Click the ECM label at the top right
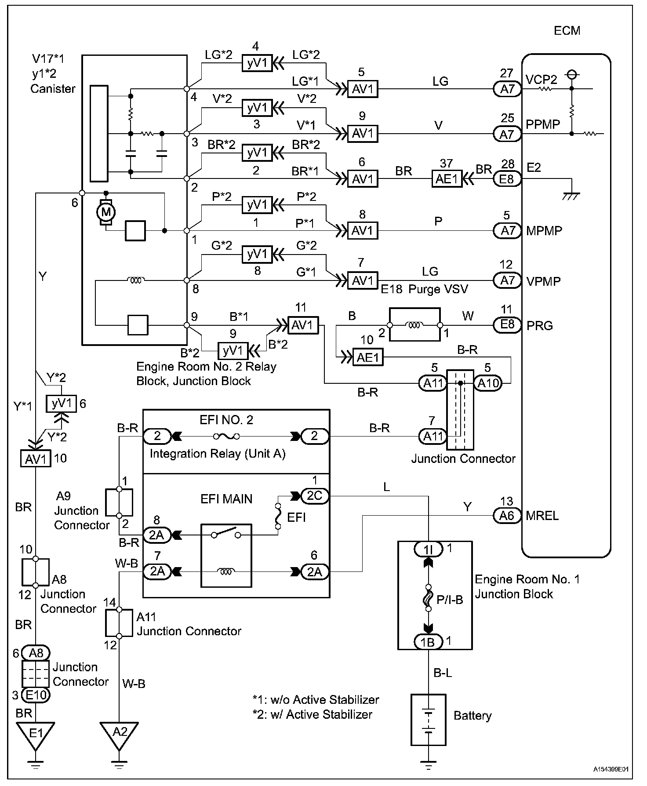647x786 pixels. pos(567,31)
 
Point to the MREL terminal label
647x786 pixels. pos(542,515)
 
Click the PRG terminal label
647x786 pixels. pos(540,325)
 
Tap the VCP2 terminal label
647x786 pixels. pos(542,80)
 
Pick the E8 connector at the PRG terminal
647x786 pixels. pos(507,324)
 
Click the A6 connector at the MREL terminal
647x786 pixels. pos(507,515)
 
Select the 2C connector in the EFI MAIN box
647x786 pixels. pos(314,496)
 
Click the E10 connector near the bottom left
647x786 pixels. pos(36,695)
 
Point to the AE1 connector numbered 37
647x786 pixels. pos(446,179)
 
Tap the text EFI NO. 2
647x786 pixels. pos(226,420)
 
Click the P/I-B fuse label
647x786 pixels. pos(450,600)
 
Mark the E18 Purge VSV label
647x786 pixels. pos(424,289)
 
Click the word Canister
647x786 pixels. pos(53,88)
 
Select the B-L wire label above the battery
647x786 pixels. pos(443,673)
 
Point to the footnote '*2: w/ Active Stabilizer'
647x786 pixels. pos(313,715)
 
